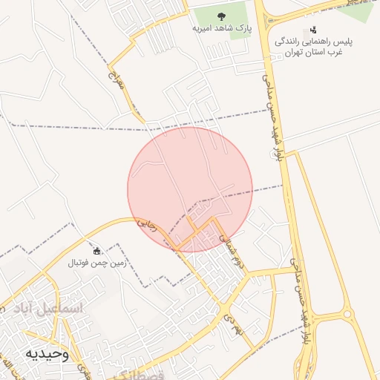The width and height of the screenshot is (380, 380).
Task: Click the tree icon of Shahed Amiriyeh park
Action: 220,16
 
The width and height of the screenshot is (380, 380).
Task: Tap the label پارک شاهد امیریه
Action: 220,28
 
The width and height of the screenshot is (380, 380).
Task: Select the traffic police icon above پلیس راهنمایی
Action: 313,30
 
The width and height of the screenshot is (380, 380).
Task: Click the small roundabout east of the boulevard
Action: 347,314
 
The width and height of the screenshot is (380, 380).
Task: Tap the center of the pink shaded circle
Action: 190,189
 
